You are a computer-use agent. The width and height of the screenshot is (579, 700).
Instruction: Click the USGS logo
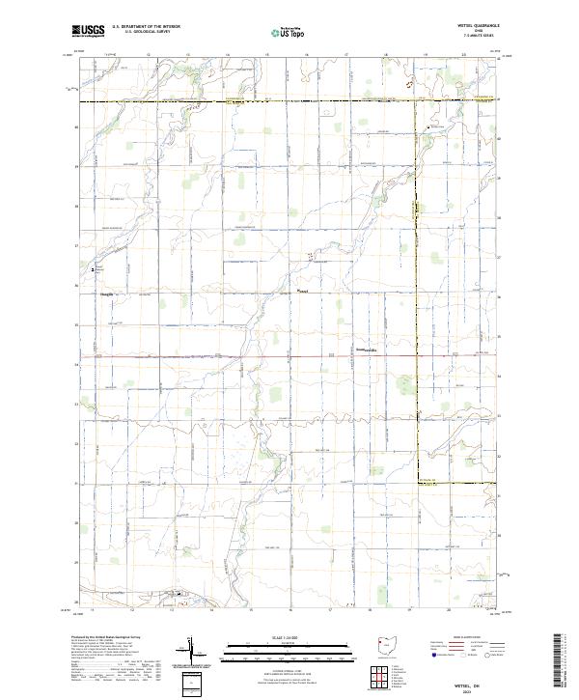coord(88,31)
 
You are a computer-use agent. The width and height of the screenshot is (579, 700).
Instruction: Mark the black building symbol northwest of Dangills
coord(93,270)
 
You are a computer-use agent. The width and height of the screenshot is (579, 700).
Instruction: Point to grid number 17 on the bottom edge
coord(331,610)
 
